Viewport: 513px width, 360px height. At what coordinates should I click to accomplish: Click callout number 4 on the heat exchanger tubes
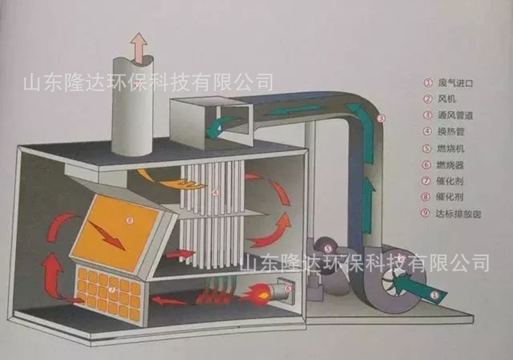coord(215,192)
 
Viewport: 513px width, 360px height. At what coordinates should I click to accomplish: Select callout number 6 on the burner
coord(288,289)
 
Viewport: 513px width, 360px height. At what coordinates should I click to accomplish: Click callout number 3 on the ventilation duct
coord(381,118)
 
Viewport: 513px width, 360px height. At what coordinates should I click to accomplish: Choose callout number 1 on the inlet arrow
coord(434,295)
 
